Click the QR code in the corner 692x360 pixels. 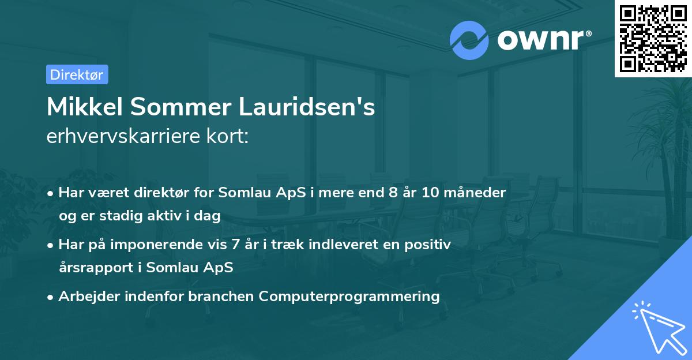tap(653, 38)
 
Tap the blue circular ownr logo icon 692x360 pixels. tap(469, 39)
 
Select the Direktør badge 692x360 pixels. tap(77, 74)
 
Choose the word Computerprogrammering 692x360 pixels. tap(349, 297)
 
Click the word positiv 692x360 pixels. tap(430, 245)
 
